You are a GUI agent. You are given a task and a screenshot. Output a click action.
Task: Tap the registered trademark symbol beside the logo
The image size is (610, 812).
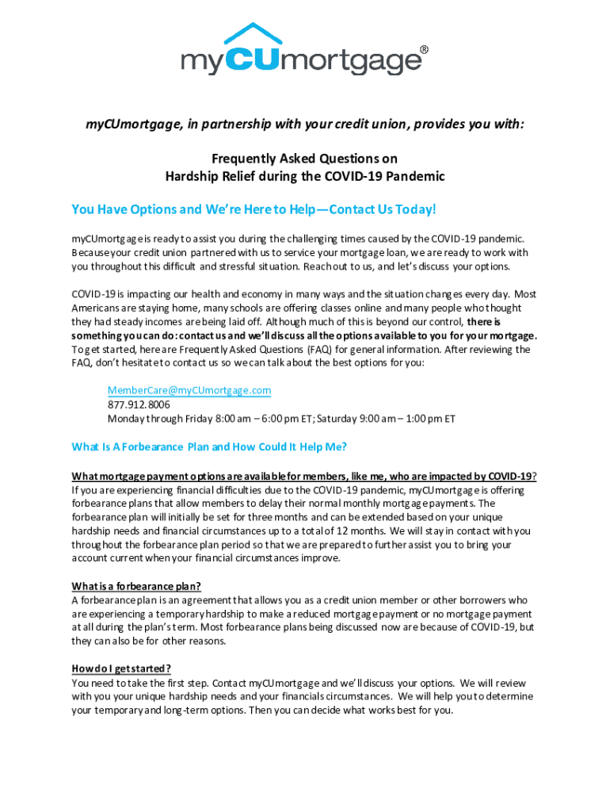(x=424, y=50)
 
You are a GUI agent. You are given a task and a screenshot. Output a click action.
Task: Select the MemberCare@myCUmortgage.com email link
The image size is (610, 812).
(x=189, y=390)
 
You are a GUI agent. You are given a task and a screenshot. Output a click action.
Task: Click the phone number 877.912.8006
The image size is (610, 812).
(x=139, y=404)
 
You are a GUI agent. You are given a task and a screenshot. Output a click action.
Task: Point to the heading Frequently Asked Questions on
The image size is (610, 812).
(x=304, y=159)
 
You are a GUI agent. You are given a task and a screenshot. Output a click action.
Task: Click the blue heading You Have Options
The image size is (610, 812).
(x=254, y=209)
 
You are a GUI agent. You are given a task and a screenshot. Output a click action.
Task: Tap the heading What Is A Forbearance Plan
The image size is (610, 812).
(x=209, y=446)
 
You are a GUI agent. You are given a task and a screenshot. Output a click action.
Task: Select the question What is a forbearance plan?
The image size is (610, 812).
(x=136, y=586)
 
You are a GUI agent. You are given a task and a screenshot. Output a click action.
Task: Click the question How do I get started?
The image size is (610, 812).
(x=121, y=668)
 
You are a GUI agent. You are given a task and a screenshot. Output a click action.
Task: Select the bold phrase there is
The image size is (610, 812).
(x=483, y=322)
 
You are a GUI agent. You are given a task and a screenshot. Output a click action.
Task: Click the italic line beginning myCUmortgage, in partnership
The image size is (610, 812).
(x=305, y=124)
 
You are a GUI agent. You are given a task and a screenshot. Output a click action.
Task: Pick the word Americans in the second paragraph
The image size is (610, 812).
(x=97, y=308)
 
